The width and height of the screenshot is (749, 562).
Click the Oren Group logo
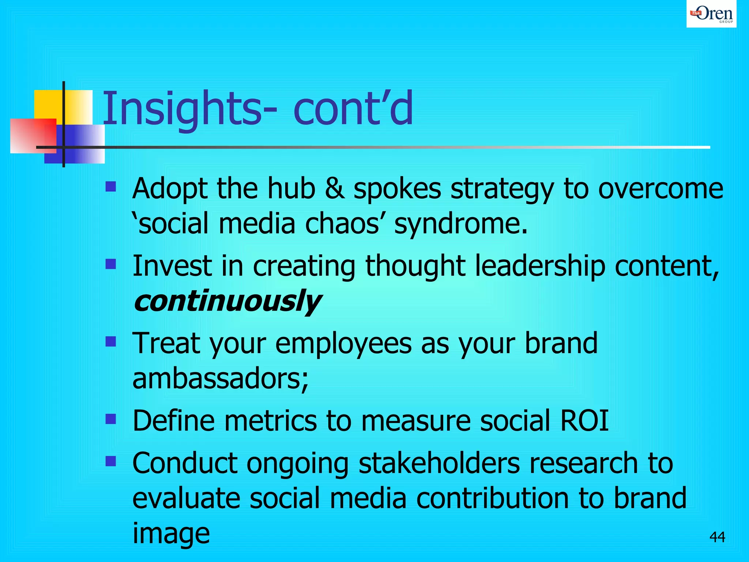(711, 14)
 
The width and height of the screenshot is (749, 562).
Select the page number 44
(717, 537)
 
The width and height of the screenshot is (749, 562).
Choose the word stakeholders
(439, 463)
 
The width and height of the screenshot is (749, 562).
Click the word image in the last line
(171, 533)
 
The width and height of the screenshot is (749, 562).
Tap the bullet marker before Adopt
(110, 187)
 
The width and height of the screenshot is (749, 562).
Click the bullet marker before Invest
(110, 264)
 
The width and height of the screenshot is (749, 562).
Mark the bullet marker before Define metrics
(110, 419)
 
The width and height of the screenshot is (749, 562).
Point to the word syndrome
(461, 224)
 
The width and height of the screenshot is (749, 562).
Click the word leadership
(540, 266)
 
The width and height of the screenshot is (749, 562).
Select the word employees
(343, 344)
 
